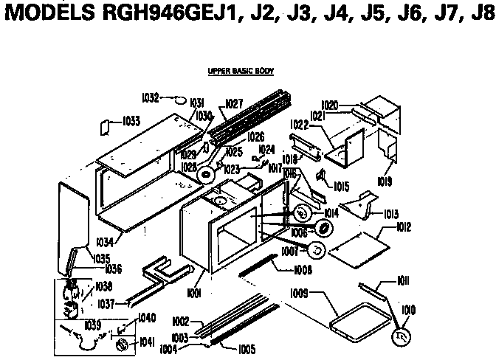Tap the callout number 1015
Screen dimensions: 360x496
tap(341, 187)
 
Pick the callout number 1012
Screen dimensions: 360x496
tap(403, 227)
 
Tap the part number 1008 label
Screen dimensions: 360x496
tap(283, 271)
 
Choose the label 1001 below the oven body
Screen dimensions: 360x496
tap(195, 294)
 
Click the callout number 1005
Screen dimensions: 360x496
tap(246, 348)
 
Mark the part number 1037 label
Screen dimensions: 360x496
tap(107, 303)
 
